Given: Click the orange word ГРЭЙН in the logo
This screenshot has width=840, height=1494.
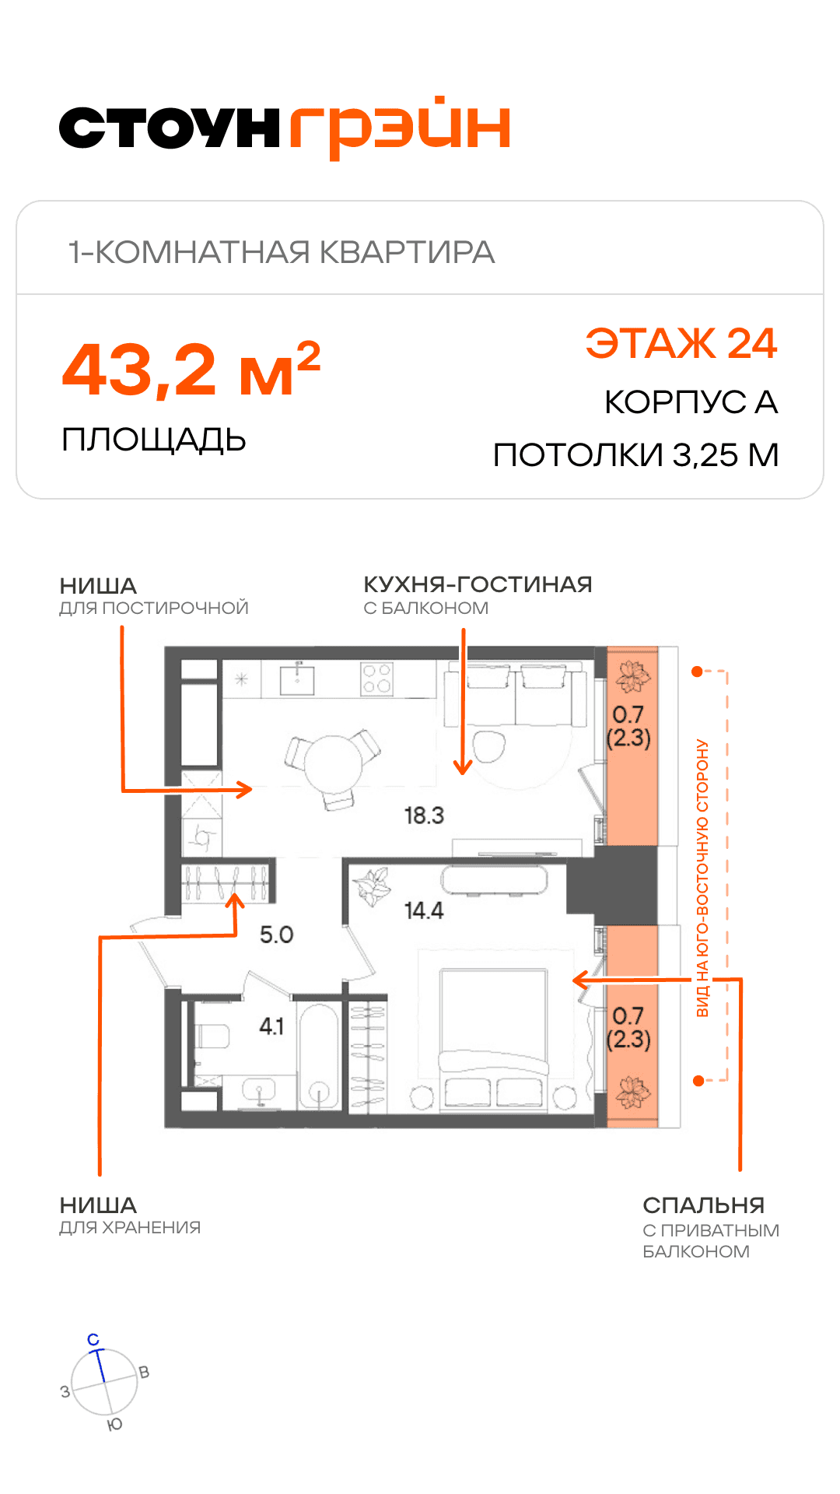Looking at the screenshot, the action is (400, 128).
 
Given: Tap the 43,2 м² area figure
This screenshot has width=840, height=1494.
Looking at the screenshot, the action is (191, 370).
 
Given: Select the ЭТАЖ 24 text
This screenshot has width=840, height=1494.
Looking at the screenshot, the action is (681, 343).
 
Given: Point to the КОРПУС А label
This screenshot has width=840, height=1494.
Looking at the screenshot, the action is (691, 402).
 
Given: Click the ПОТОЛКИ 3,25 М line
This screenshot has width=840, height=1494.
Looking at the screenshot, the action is (636, 455).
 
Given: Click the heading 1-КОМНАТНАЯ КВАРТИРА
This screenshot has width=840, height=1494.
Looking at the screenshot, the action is (282, 252).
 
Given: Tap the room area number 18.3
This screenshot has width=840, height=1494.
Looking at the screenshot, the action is (424, 815).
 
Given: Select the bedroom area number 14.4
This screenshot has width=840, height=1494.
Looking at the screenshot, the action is (424, 910).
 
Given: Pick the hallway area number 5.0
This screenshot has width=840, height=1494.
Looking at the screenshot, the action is (276, 935).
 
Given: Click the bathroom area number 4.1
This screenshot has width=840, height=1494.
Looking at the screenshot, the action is (271, 1026).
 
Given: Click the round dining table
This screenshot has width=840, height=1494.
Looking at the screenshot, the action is (333, 765).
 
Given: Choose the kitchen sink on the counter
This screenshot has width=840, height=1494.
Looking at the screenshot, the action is (297, 679).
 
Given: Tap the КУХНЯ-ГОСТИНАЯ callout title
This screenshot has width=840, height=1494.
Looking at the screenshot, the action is (478, 584).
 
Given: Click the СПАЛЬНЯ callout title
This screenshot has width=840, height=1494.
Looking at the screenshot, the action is (704, 1205).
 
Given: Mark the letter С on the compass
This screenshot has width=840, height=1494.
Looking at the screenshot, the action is (93, 1339).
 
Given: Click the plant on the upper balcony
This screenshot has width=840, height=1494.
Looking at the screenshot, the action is (632, 677).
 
